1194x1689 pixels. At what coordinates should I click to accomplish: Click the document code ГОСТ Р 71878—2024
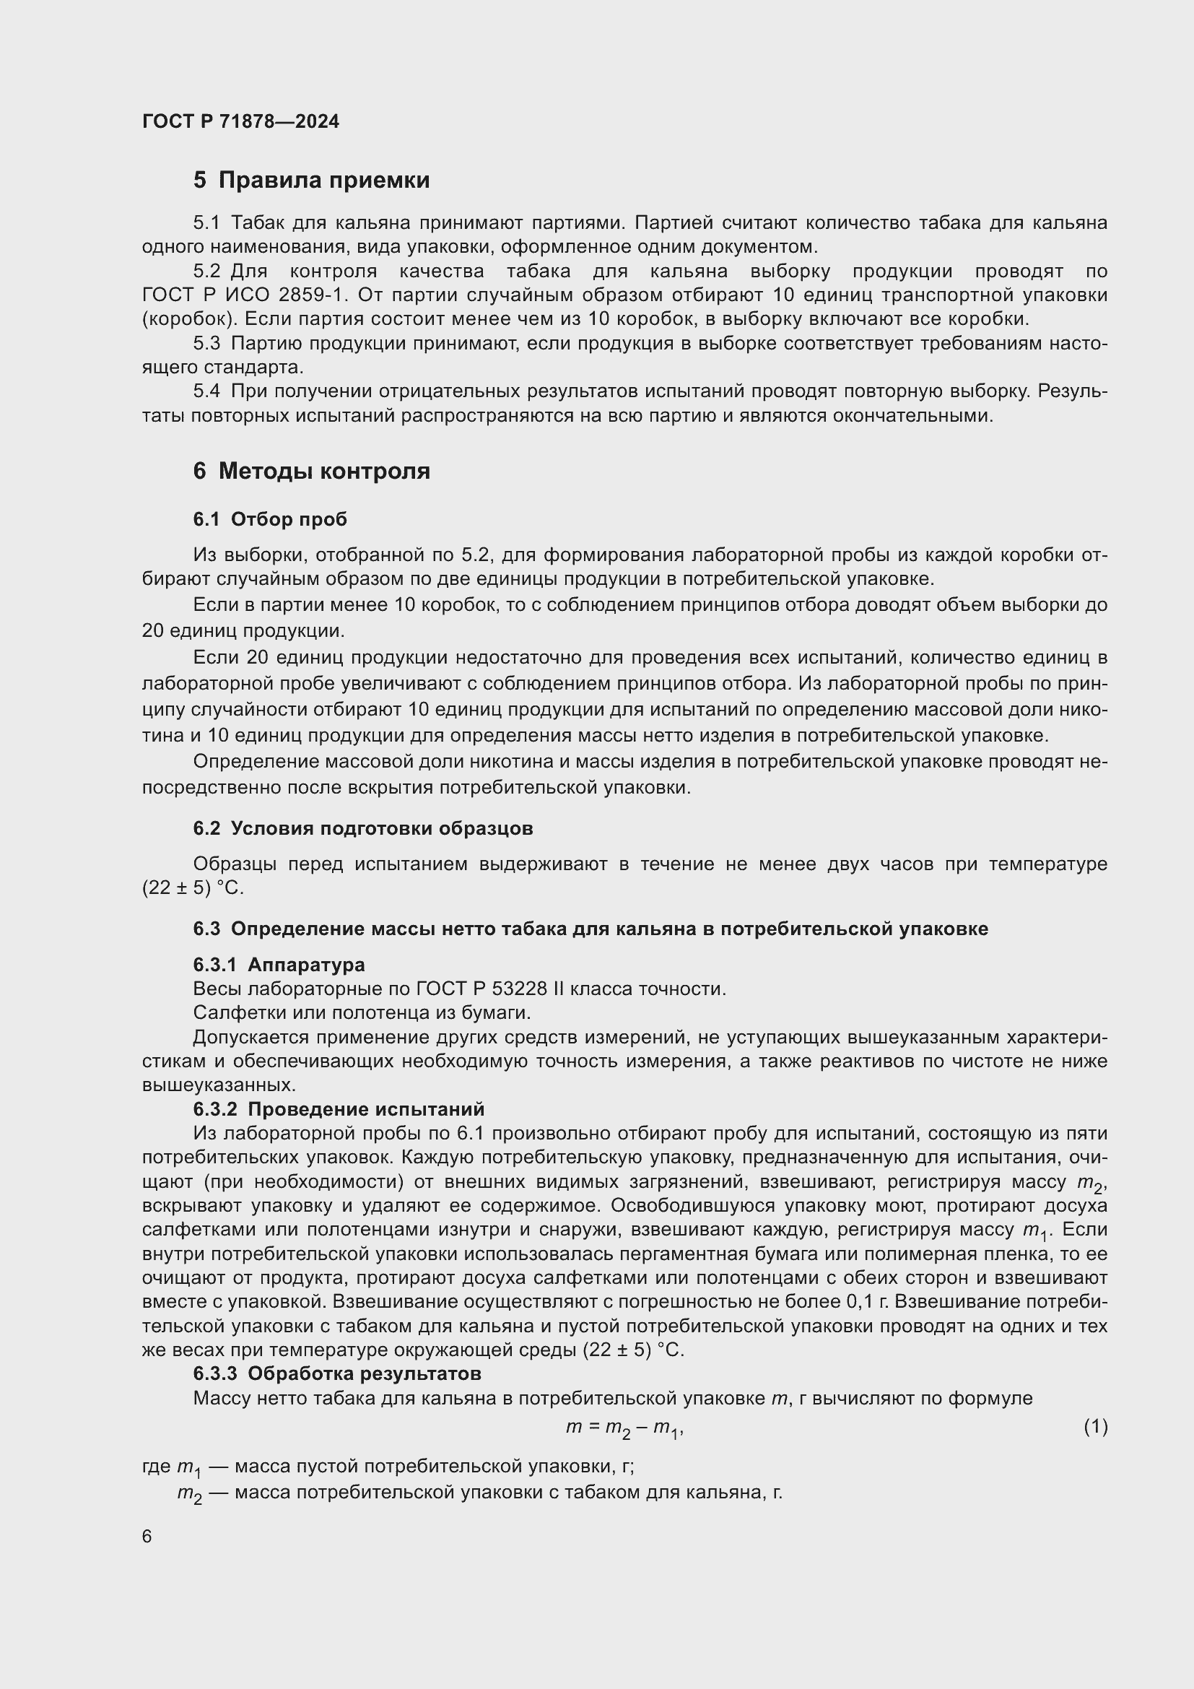[240, 121]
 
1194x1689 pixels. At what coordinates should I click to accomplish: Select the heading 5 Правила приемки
[311, 181]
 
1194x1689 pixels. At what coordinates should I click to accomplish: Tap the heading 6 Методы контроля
[311, 471]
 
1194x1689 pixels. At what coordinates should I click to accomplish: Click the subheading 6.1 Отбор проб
[270, 519]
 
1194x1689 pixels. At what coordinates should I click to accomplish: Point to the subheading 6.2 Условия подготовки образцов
[362, 828]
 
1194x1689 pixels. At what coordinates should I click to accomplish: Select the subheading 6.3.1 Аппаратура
[279, 965]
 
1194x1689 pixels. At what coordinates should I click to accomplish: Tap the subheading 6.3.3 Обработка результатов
[336, 1373]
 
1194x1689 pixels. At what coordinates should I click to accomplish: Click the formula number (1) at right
[1095, 1426]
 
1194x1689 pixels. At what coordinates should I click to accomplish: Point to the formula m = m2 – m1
[624, 1428]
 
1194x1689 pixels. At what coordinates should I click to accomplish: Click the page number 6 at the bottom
[147, 1537]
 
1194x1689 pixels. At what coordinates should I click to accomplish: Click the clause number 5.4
[206, 391]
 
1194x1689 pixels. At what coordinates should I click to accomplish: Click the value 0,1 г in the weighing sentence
[868, 1302]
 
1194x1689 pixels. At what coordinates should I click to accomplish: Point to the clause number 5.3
[206, 344]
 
